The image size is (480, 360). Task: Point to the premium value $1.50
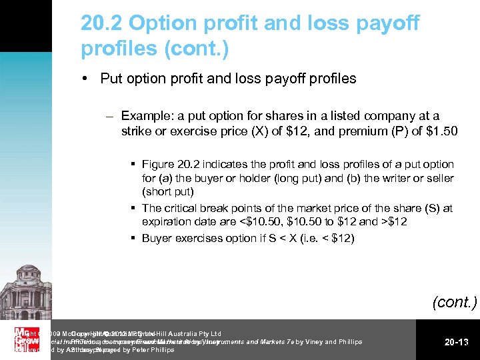[x=441, y=131]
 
